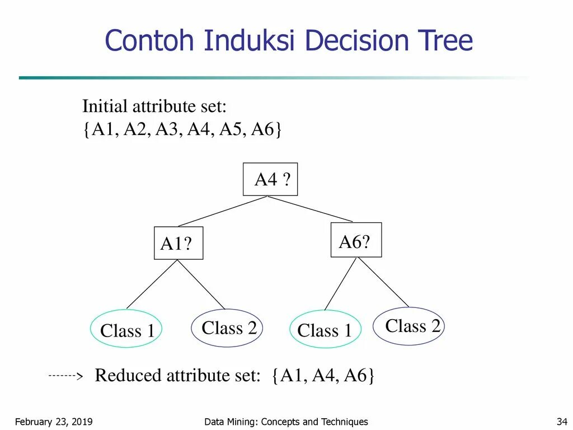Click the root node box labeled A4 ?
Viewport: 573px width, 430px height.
tap(270, 179)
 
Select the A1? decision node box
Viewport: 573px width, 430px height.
tap(179, 244)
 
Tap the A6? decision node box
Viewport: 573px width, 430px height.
tap(356, 240)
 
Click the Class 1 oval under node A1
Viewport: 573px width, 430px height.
tap(126, 329)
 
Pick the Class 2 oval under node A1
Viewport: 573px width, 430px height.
tap(227, 328)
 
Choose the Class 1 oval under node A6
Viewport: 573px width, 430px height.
tap(325, 330)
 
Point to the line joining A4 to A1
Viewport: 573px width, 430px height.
tap(223, 211)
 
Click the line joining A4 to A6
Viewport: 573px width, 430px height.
tap(311, 209)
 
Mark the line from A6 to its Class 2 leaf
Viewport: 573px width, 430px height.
tap(384, 282)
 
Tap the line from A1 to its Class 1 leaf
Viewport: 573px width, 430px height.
tap(152, 284)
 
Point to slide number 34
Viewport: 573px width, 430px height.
tap(562, 422)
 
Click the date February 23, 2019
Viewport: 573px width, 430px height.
tap(53, 422)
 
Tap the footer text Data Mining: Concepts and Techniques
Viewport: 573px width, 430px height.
tap(286, 422)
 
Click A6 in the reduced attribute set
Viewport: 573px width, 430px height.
tap(355, 376)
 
